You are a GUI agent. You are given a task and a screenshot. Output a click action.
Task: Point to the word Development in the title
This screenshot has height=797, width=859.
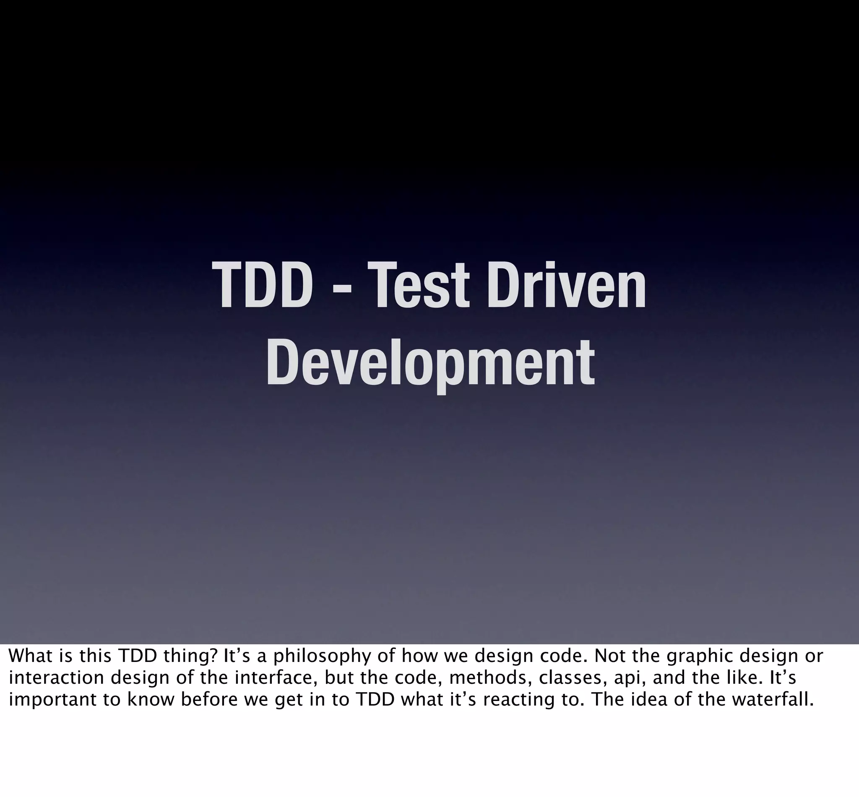(430, 363)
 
